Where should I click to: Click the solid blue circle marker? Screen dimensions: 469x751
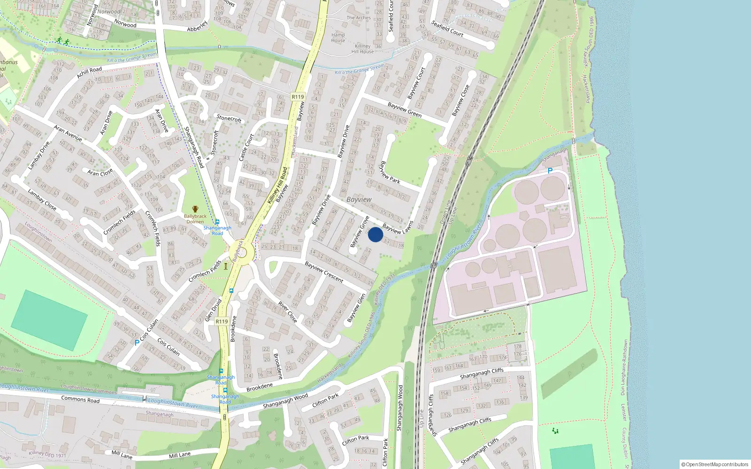[375, 234]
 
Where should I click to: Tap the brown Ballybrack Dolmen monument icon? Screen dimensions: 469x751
[195, 209]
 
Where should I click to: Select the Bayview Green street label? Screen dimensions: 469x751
[405, 110]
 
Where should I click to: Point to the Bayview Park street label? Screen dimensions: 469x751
[390, 173]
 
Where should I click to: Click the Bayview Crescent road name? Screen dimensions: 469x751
[324, 272]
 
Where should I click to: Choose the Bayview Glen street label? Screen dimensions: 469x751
[356, 308]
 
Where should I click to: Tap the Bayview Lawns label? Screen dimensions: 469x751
[398, 227]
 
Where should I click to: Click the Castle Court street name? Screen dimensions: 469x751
[246, 147]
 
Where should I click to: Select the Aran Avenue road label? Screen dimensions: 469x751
[68, 133]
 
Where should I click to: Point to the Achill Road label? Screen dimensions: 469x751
[89, 72]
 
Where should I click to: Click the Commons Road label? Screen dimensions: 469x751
[80, 400]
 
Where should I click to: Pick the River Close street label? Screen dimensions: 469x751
[287, 312]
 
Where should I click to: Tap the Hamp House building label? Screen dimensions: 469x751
[338, 38]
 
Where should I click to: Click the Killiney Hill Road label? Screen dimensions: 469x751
[277, 186]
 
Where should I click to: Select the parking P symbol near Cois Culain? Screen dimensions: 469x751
[137, 343]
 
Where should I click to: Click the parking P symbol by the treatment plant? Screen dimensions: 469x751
[550, 171]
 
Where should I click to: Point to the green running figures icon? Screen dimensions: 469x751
[62, 41]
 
